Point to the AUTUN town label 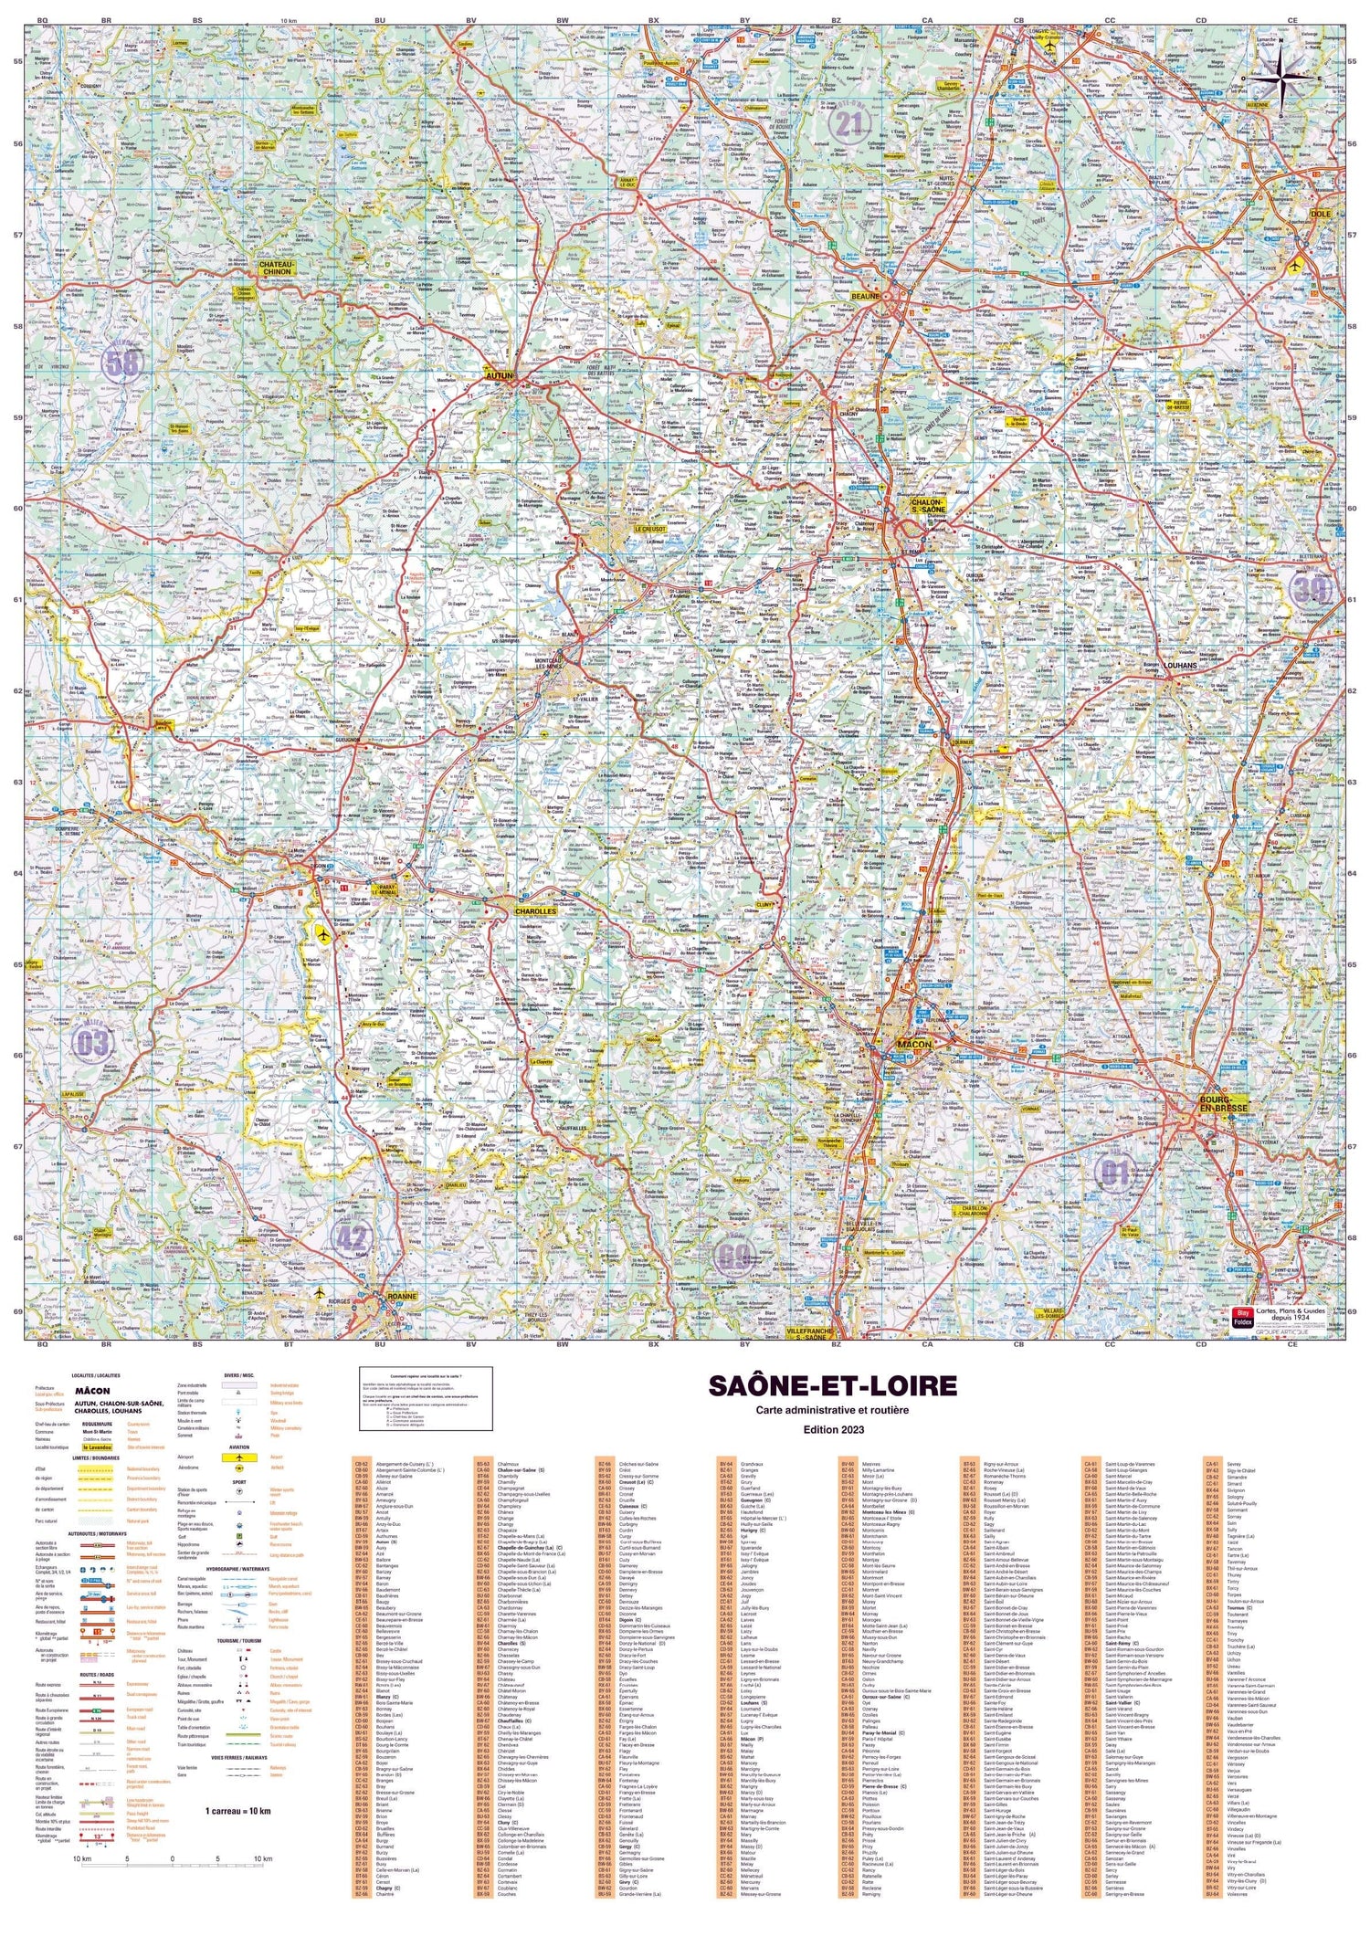tap(501, 374)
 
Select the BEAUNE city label tap(864, 296)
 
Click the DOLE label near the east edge tap(1321, 213)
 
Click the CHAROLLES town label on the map tap(535, 911)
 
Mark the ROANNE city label tap(400, 1296)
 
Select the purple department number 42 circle tap(353, 1238)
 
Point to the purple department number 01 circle tap(1115, 1173)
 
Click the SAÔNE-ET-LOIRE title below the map tap(832, 1386)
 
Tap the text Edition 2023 tap(832, 1429)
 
